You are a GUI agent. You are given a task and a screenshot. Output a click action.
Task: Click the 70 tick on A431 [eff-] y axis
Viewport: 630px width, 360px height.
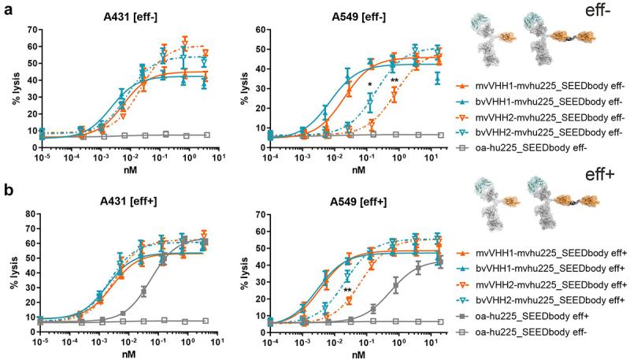(32, 29)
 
